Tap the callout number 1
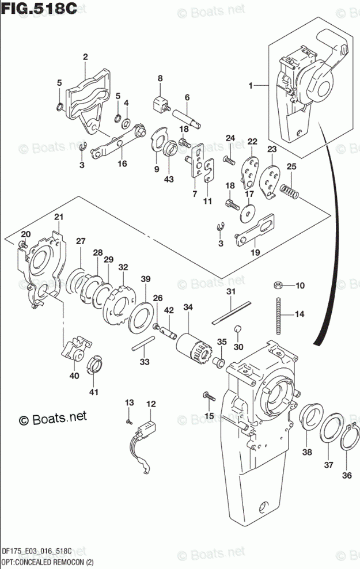pyautogui.click(x=251, y=86)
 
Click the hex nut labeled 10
pyautogui.click(x=276, y=284)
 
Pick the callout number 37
pyautogui.click(x=329, y=464)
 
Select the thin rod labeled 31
pyautogui.click(x=230, y=314)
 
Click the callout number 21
pyautogui.click(x=58, y=217)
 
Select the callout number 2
pyautogui.click(x=85, y=56)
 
